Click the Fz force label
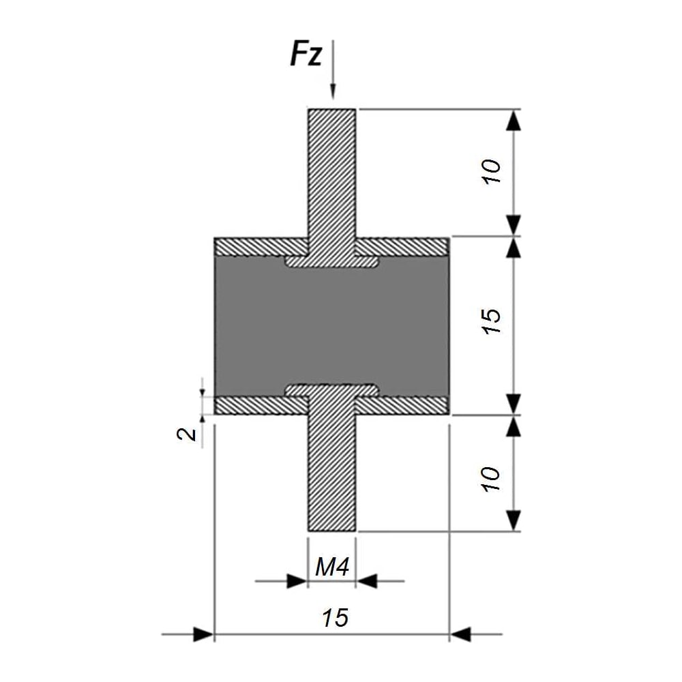click(306, 54)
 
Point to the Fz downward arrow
click(333, 70)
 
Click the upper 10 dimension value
click(492, 172)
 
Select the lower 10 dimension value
click(492, 479)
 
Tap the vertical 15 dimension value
click(492, 321)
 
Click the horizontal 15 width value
click(335, 618)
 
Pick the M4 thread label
click(332, 567)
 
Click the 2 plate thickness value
click(187, 434)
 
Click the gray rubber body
click(332, 326)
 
